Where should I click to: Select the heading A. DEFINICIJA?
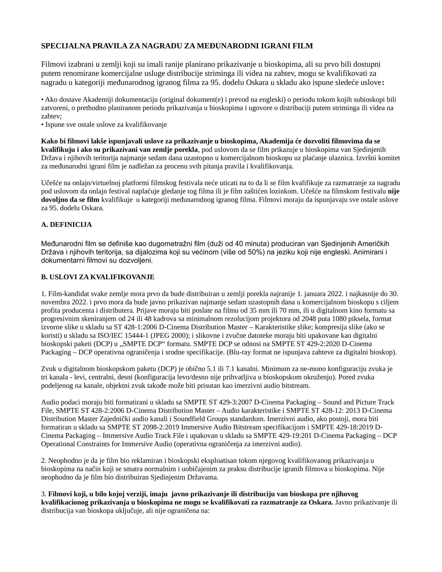(67, 225)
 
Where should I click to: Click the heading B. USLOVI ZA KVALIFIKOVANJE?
(98, 277)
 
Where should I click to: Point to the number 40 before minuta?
(238, 244)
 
